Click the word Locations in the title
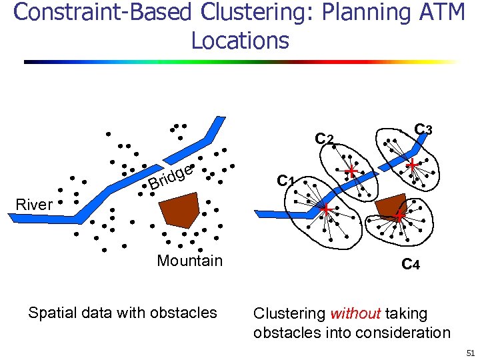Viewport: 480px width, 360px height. pyautogui.click(x=240, y=41)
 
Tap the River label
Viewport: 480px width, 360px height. pyautogui.click(x=33, y=205)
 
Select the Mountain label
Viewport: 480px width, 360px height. pyautogui.click(x=189, y=261)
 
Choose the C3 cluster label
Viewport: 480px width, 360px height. pyautogui.click(x=423, y=128)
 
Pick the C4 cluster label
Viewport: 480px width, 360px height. pyautogui.click(x=410, y=265)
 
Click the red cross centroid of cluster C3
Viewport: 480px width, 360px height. pyautogui.click(x=413, y=164)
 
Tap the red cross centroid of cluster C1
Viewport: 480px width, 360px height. pyautogui.click(x=326, y=211)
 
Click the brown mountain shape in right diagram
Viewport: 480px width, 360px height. pyautogui.click(x=391, y=206)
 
